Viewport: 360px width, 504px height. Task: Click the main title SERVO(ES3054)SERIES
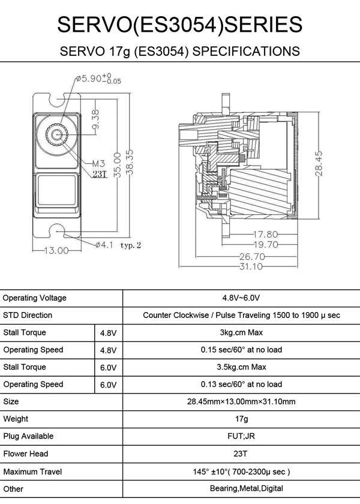tap(179, 25)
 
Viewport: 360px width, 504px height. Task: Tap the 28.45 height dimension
tap(319, 163)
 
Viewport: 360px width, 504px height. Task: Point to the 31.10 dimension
tap(251, 266)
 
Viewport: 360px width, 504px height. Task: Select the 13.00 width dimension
tap(55, 251)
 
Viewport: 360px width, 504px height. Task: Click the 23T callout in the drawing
tap(99, 174)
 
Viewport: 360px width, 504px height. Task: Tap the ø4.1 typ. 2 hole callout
tap(117, 245)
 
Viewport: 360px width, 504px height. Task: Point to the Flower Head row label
tap(26, 454)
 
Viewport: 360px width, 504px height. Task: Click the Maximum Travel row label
tap(32, 472)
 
